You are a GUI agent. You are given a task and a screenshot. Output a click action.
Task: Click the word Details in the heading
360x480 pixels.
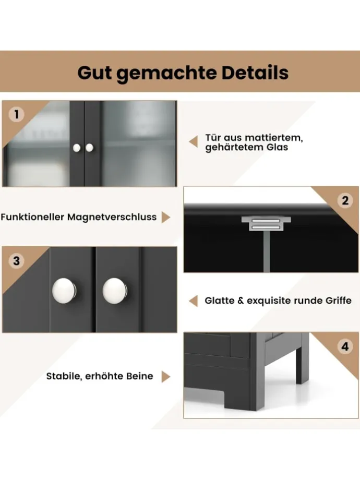255,73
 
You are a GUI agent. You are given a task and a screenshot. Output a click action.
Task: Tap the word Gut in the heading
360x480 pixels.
94,73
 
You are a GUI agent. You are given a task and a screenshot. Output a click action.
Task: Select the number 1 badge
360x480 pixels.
16,114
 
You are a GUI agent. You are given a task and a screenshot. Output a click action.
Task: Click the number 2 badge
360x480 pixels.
345,200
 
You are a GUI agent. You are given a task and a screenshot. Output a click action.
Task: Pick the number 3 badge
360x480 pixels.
16,261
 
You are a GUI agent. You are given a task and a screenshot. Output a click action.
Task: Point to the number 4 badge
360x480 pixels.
345,346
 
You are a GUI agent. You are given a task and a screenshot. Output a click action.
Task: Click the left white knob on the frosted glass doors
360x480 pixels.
77,148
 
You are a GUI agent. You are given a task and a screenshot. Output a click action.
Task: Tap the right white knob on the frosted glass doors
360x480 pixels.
89,148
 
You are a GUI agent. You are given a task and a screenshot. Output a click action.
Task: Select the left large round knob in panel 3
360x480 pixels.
64,291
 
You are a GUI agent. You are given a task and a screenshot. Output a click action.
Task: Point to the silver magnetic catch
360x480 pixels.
266,223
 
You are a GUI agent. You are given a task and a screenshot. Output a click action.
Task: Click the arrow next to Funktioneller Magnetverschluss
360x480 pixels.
166,217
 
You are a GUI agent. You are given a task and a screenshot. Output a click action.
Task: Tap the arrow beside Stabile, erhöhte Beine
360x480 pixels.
166,377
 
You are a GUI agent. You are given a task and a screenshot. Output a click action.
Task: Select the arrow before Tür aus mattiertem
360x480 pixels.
193,142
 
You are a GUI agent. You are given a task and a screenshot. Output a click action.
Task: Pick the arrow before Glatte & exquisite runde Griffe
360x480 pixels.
193,301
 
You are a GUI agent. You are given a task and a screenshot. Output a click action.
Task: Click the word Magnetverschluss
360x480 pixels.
112,217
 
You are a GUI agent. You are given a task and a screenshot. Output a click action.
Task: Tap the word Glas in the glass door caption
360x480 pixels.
277,147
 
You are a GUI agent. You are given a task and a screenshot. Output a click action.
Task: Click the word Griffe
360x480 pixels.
338,301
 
